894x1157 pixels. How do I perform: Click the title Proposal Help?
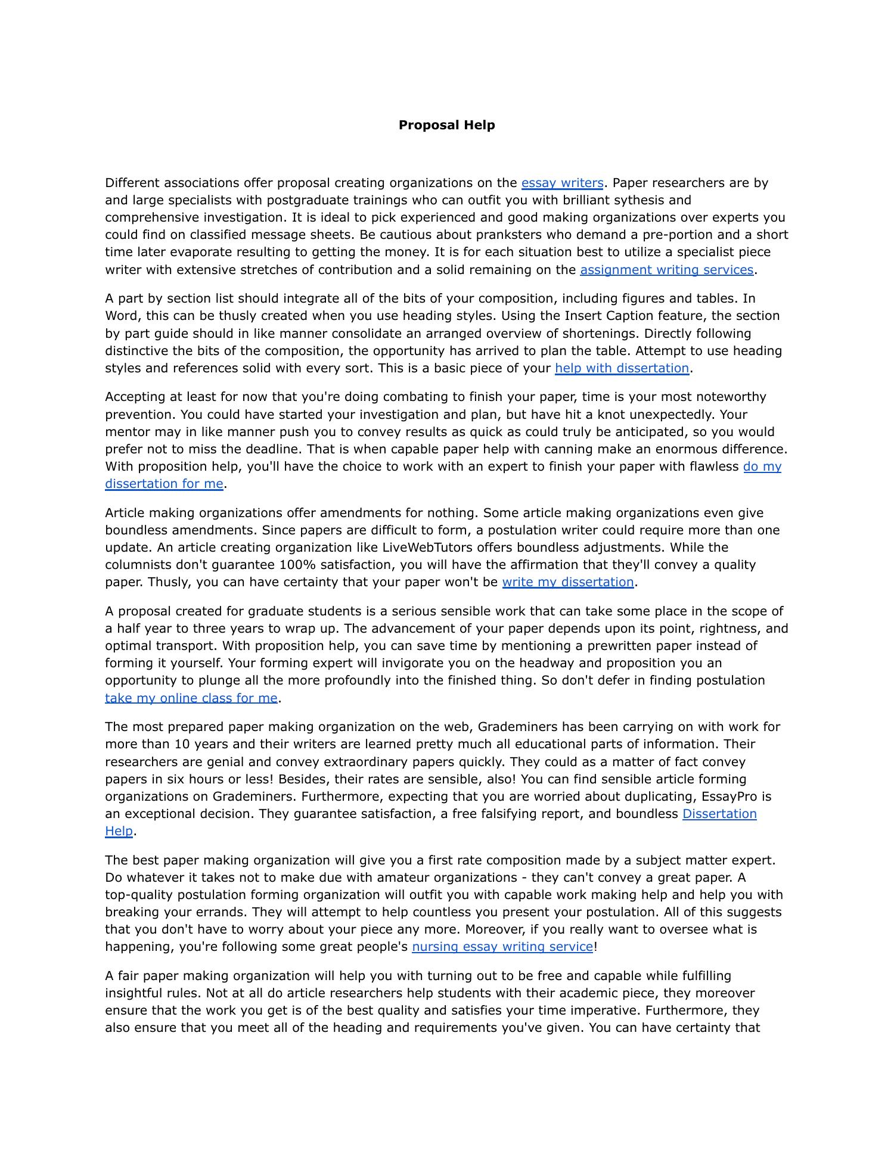point(446,125)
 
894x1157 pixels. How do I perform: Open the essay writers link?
point(562,183)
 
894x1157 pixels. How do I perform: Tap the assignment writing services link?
point(666,270)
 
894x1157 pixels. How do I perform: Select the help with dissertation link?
point(622,368)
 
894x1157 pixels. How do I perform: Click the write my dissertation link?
point(567,582)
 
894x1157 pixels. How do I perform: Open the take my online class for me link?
point(191,698)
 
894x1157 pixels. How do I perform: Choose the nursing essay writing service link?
point(502,947)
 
